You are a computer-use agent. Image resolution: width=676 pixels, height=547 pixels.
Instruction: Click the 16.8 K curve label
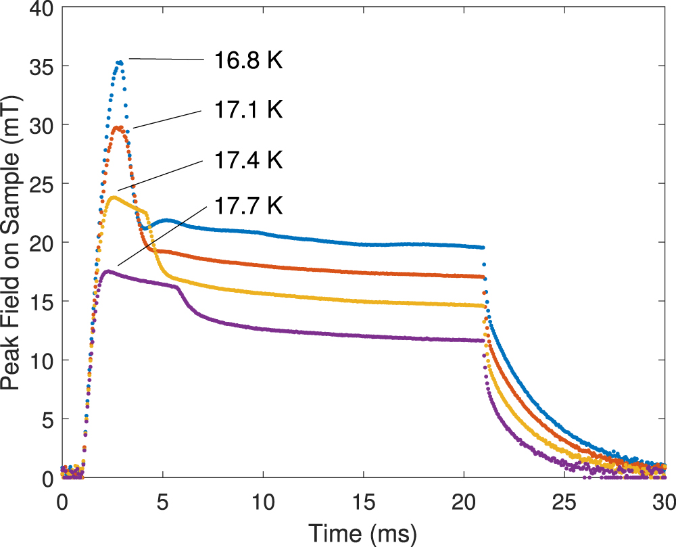click(x=248, y=61)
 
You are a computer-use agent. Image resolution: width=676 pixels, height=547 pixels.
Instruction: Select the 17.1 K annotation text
click(x=248, y=110)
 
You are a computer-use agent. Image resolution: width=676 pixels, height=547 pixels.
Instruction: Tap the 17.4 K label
click(x=248, y=160)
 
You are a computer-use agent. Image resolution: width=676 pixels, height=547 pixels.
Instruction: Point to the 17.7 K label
click(x=248, y=204)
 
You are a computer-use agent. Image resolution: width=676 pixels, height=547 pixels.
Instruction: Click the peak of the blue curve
click(x=120, y=62)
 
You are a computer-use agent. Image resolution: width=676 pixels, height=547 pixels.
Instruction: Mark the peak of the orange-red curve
click(x=118, y=127)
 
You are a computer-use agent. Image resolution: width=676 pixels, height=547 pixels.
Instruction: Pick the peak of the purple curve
click(x=108, y=271)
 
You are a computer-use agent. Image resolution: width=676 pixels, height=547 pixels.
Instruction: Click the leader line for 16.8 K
click(x=166, y=60)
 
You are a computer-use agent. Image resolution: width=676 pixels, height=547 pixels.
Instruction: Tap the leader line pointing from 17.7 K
click(x=160, y=233)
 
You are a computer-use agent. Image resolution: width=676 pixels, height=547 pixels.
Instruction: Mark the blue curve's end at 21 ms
click(x=481, y=247)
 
